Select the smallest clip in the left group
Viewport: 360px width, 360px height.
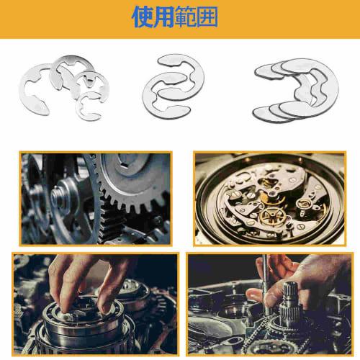pos(92,105)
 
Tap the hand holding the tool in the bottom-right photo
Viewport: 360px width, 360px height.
pos(302,277)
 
